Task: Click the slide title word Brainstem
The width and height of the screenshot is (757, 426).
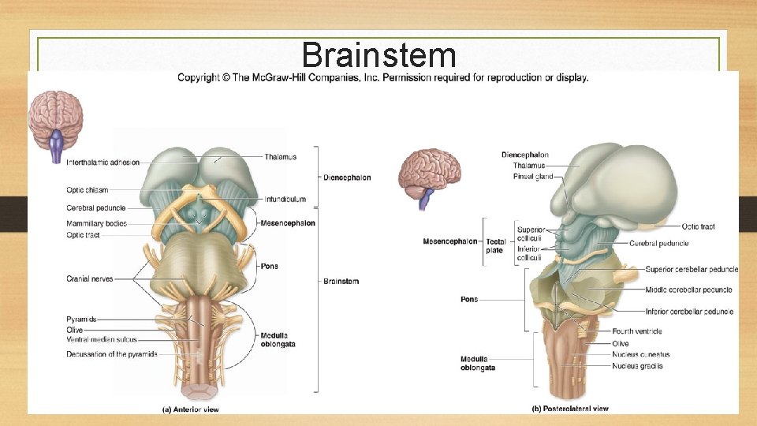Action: pyautogui.click(x=378, y=55)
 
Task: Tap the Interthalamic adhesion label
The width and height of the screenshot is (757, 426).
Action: pyautogui.click(x=103, y=163)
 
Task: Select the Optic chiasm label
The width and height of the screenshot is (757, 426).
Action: pyautogui.click(x=88, y=190)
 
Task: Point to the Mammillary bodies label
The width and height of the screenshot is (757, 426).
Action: pyautogui.click(x=96, y=223)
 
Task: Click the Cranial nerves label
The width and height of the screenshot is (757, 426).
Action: pyautogui.click(x=90, y=278)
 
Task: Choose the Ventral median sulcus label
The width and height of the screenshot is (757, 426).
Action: pyautogui.click(x=102, y=339)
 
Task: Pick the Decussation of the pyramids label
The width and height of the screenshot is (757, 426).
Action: pyautogui.click(x=112, y=354)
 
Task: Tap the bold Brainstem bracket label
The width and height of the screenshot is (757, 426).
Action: pyautogui.click(x=341, y=282)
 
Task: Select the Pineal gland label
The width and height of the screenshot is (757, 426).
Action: pyautogui.click(x=533, y=177)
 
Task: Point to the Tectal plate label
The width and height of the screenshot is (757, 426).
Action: pyautogui.click(x=494, y=245)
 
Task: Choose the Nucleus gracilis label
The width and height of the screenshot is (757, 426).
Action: pyautogui.click(x=637, y=366)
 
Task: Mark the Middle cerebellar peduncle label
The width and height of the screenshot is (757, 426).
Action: pyautogui.click(x=688, y=290)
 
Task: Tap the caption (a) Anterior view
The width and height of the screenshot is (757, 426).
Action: pyautogui.click(x=190, y=409)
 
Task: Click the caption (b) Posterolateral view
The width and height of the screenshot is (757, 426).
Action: pyautogui.click(x=570, y=409)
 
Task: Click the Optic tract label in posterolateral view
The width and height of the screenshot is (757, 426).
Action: pyautogui.click(x=698, y=226)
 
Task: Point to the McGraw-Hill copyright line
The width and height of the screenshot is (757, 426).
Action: pyautogui.click(x=383, y=77)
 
